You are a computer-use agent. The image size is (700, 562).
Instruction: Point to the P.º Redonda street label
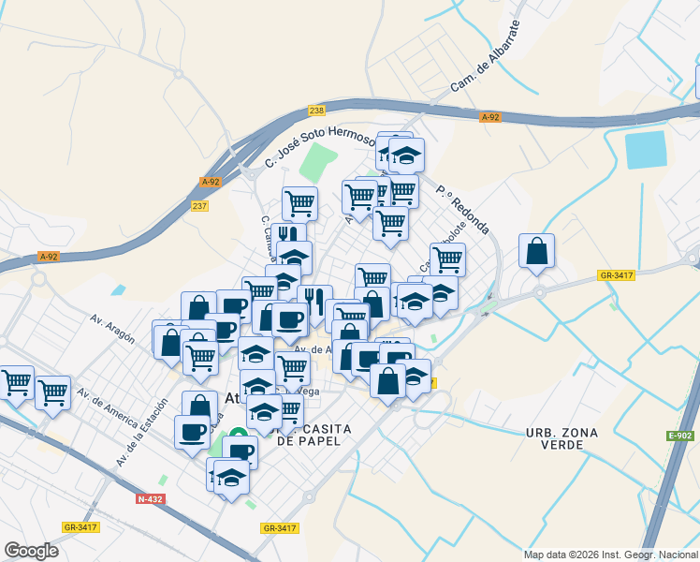462,209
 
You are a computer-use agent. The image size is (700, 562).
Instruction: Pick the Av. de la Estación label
141,434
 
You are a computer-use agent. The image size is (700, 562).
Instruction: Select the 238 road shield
316,111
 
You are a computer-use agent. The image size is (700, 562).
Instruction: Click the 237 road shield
199,206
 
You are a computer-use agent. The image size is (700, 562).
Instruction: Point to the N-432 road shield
150,499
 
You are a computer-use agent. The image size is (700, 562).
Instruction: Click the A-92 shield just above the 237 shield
211,183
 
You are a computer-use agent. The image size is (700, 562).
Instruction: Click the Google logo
31,551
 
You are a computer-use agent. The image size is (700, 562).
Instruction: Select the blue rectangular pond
646,150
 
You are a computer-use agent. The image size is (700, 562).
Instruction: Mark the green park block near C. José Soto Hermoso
319,165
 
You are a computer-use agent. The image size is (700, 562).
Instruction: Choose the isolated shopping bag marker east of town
536,251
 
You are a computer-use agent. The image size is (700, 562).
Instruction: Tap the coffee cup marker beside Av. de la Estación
193,432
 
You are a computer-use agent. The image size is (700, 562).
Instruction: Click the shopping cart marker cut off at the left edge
15,382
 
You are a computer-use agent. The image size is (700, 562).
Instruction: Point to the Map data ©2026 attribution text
610,555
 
